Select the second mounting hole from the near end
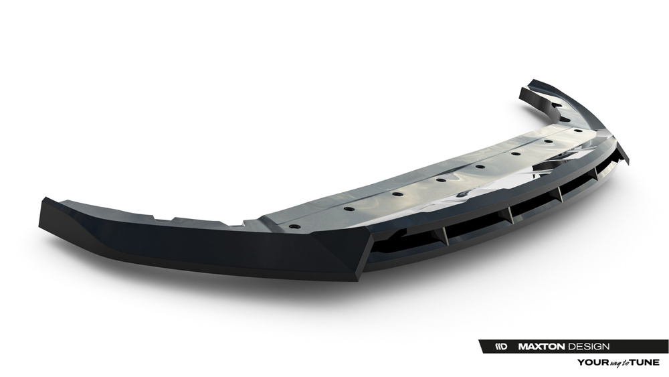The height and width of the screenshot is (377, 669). coord(349,209)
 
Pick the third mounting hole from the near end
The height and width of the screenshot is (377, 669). coord(397,194)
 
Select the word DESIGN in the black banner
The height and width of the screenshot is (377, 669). coord(588,346)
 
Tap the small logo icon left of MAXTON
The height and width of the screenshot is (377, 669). coord(501,346)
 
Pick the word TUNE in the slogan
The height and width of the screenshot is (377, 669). coord(644,362)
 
